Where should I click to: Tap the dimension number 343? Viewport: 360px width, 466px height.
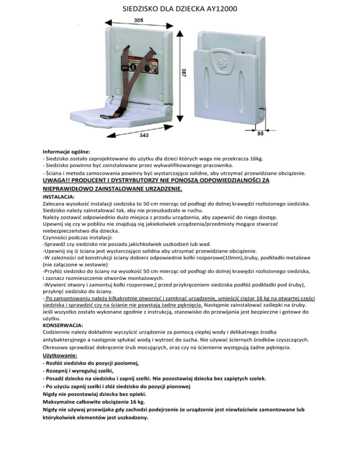click(x=145, y=136)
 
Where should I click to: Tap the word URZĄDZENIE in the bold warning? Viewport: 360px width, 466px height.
click(x=157, y=189)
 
